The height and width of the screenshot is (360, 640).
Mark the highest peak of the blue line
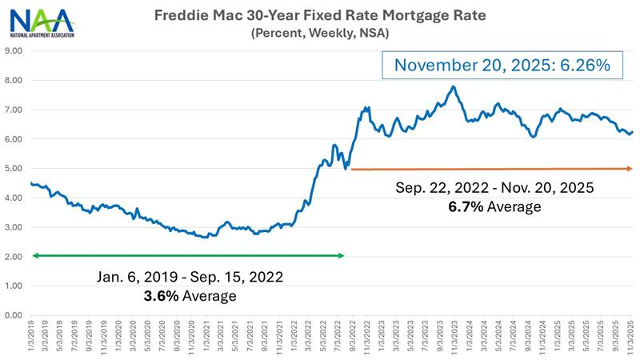[x=454, y=86]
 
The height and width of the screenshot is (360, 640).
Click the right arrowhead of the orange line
[x=630, y=168]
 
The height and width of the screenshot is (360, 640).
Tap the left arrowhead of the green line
[x=34, y=256]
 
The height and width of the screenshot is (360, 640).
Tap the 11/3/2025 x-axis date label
[x=631, y=336]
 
